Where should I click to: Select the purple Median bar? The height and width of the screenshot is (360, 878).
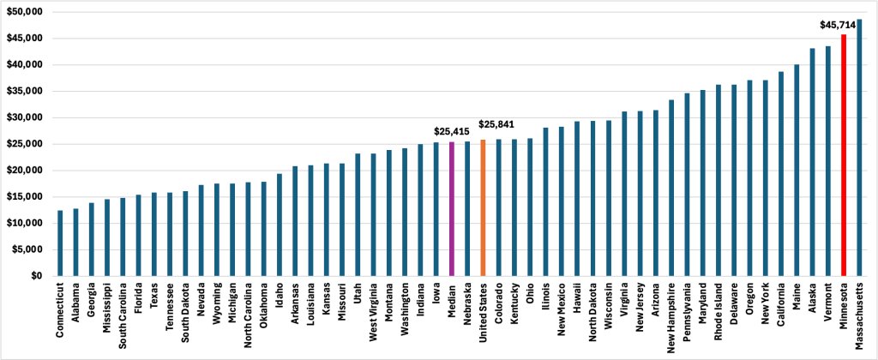point(451,209)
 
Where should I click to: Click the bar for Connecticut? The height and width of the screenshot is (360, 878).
point(59,243)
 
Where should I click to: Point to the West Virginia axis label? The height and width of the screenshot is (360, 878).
point(373,314)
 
